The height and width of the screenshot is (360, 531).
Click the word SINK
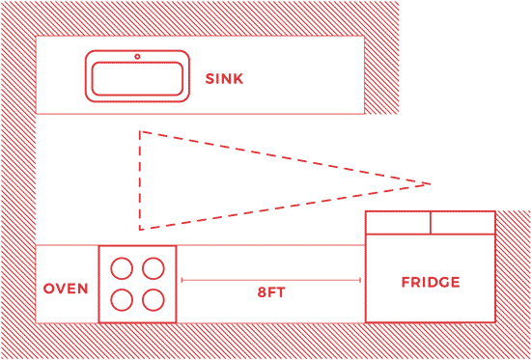pos(225,78)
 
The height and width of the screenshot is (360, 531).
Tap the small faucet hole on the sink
pos(137,57)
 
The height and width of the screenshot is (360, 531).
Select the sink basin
pos(136,79)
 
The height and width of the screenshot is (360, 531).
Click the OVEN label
pos(67,289)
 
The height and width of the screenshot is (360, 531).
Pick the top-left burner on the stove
pos(122,266)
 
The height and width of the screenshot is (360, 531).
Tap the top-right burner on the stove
pos(154,266)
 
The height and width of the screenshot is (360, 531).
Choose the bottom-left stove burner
pos(122,299)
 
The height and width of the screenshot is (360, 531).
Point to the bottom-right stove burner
pos(154,299)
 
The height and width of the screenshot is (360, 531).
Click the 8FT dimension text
pos(271,291)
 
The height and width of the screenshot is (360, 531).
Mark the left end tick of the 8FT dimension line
pos(182,280)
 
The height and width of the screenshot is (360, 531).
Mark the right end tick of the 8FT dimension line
pos(360,280)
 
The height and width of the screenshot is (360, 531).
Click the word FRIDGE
pos(431,283)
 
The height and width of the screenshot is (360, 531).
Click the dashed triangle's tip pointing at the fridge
pos(430,182)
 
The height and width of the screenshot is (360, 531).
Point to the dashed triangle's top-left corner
pos(140,131)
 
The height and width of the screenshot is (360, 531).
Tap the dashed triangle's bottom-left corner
pos(140,229)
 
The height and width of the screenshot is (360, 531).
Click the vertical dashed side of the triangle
pos(140,180)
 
